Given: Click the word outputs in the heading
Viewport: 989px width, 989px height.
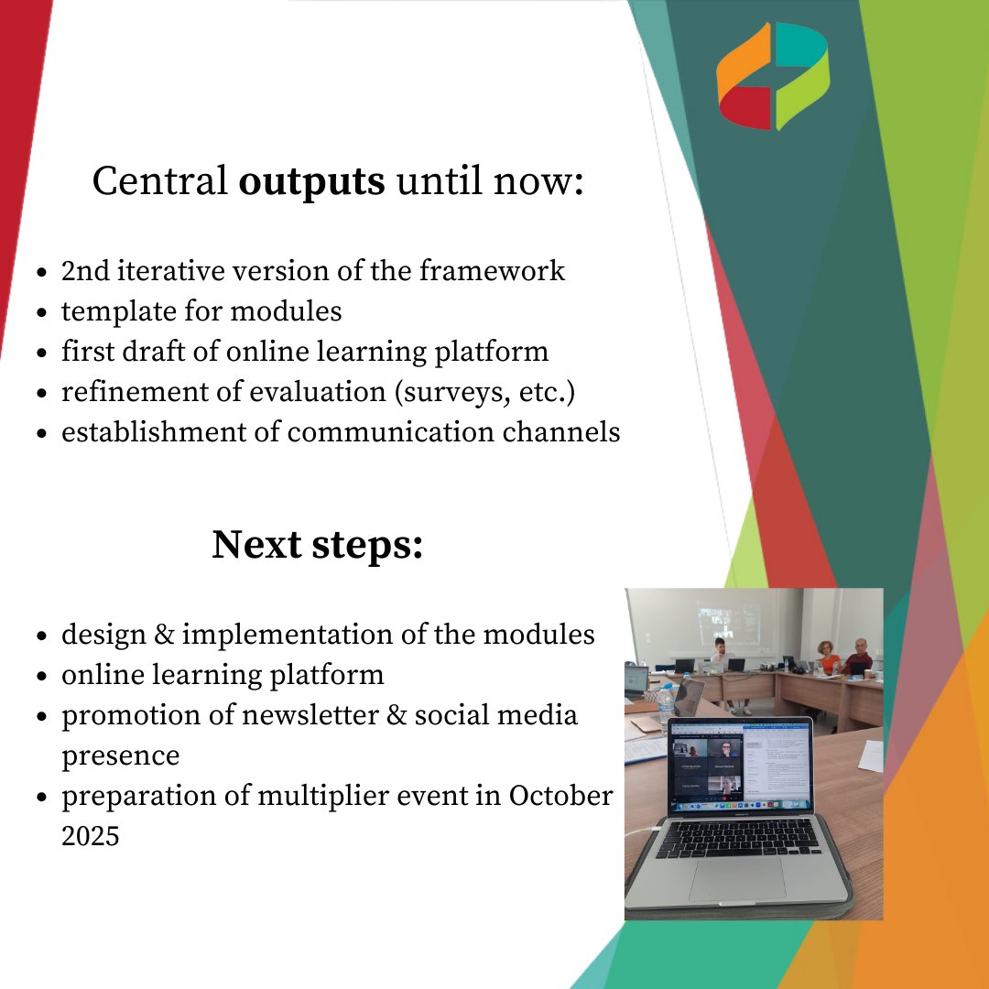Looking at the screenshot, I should pos(311,182).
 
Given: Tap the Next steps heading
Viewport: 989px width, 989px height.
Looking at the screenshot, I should pos(317,545).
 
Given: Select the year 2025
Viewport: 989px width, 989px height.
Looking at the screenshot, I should pos(90,836).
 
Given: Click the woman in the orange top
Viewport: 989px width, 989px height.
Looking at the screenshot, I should pos(829,658).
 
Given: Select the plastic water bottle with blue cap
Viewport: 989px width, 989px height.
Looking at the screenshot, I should pos(666,704).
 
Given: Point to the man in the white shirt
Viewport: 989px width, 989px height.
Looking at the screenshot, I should pos(720,658).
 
